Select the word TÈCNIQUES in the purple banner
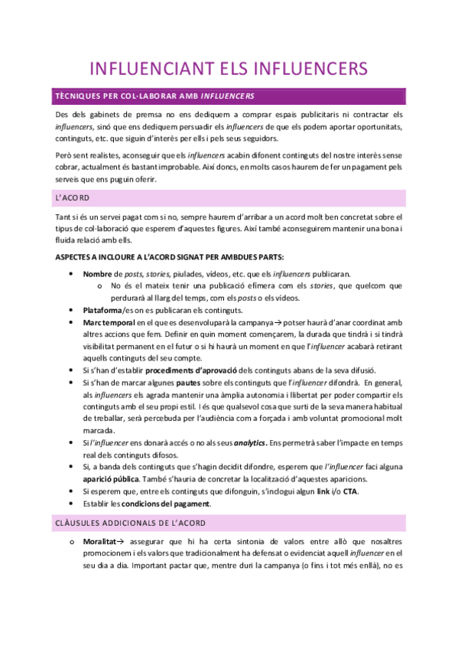pos(75,96)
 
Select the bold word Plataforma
pos(103,310)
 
